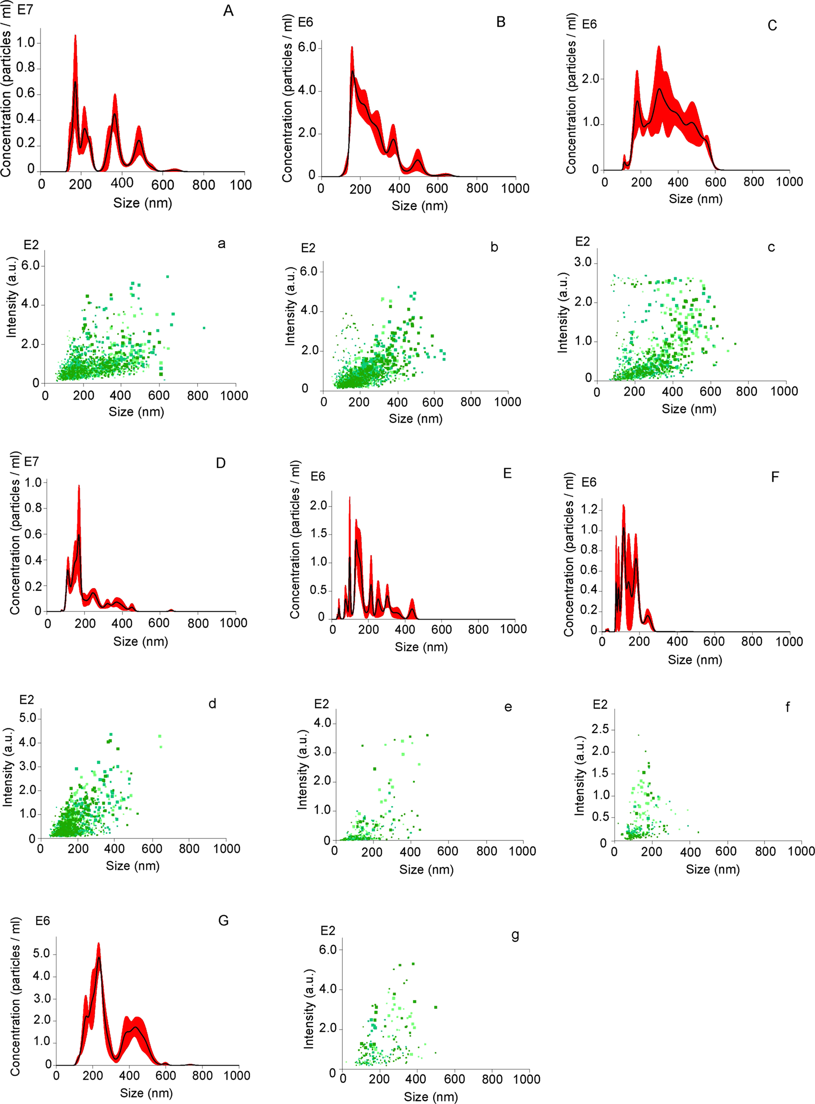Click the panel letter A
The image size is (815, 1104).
[x=228, y=11]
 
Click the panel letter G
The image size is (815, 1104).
[x=223, y=920]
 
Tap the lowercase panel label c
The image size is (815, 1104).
[x=771, y=247]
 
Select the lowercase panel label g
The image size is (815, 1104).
[x=515, y=935]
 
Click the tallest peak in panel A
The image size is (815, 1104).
[x=75, y=36]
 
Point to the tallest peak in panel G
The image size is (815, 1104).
[x=98, y=944]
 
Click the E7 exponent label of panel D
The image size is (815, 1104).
[x=31, y=461]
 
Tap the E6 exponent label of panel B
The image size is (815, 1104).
[x=305, y=23]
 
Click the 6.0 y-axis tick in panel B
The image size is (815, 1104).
[x=307, y=48]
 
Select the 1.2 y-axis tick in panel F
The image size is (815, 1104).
[x=589, y=509]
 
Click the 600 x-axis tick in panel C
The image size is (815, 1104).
[x=715, y=182]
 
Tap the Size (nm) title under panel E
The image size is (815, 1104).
[x=421, y=647]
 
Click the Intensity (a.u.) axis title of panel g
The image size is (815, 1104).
[x=309, y=1008]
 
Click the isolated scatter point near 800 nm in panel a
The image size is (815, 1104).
[x=204, y=328]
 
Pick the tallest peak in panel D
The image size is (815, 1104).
[x=79, y=486]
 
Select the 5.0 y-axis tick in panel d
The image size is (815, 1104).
[x=27, y=718]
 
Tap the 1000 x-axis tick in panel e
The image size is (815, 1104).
[x=522, y=851]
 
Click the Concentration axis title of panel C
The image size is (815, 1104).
[x=571, y=94]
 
